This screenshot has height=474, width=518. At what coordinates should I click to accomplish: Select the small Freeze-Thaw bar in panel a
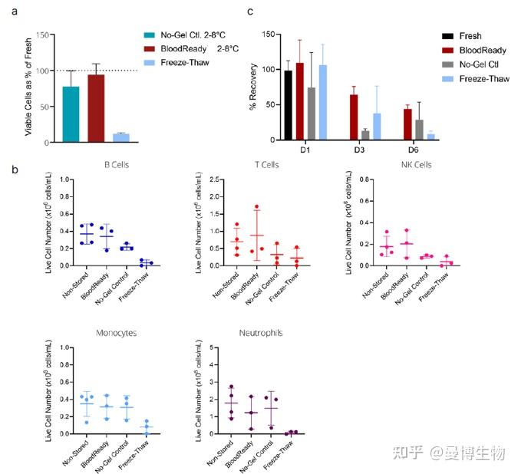pyautogui.click(x=120, y=138)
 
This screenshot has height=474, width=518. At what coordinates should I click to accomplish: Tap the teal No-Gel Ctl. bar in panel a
pyautogui.click(x=71, y=114)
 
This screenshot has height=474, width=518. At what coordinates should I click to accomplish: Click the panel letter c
pyautogui.click(x=249, y=12)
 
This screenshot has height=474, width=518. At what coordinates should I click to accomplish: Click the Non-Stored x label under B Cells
pyautogui.click(x=74, y=288)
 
